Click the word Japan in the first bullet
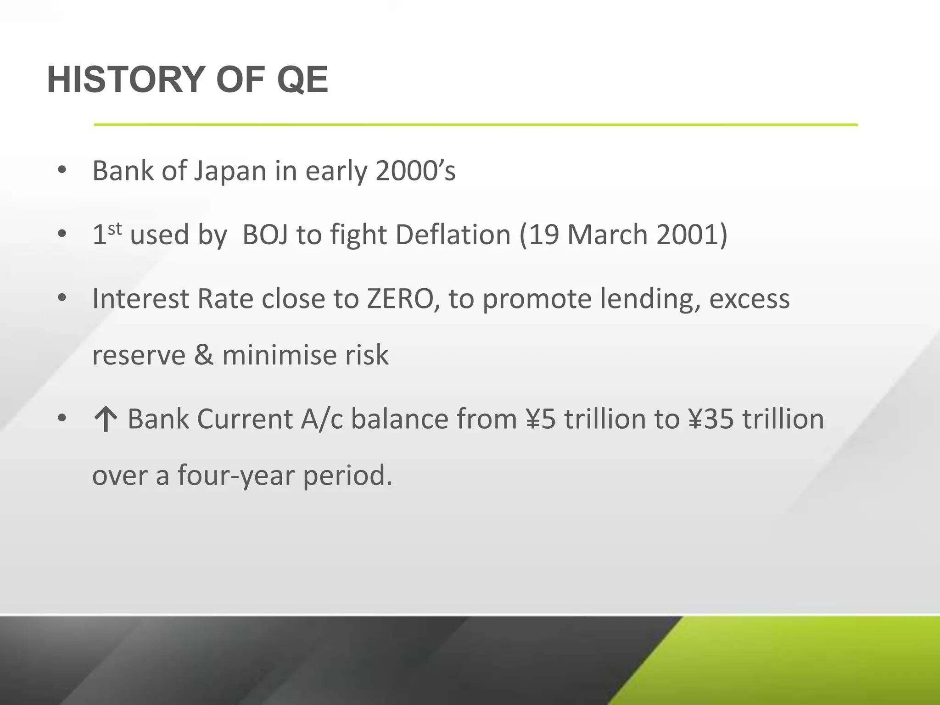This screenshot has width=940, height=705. click(x=230, y=171)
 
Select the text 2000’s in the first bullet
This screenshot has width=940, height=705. click(x=415, y=171)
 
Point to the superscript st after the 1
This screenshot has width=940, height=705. click(x=115, y=228)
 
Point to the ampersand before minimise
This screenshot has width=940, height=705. click(x=204, y=355)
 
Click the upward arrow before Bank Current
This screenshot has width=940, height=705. click(x=106, y=420)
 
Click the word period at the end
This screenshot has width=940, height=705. click(x=347, y=476)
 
